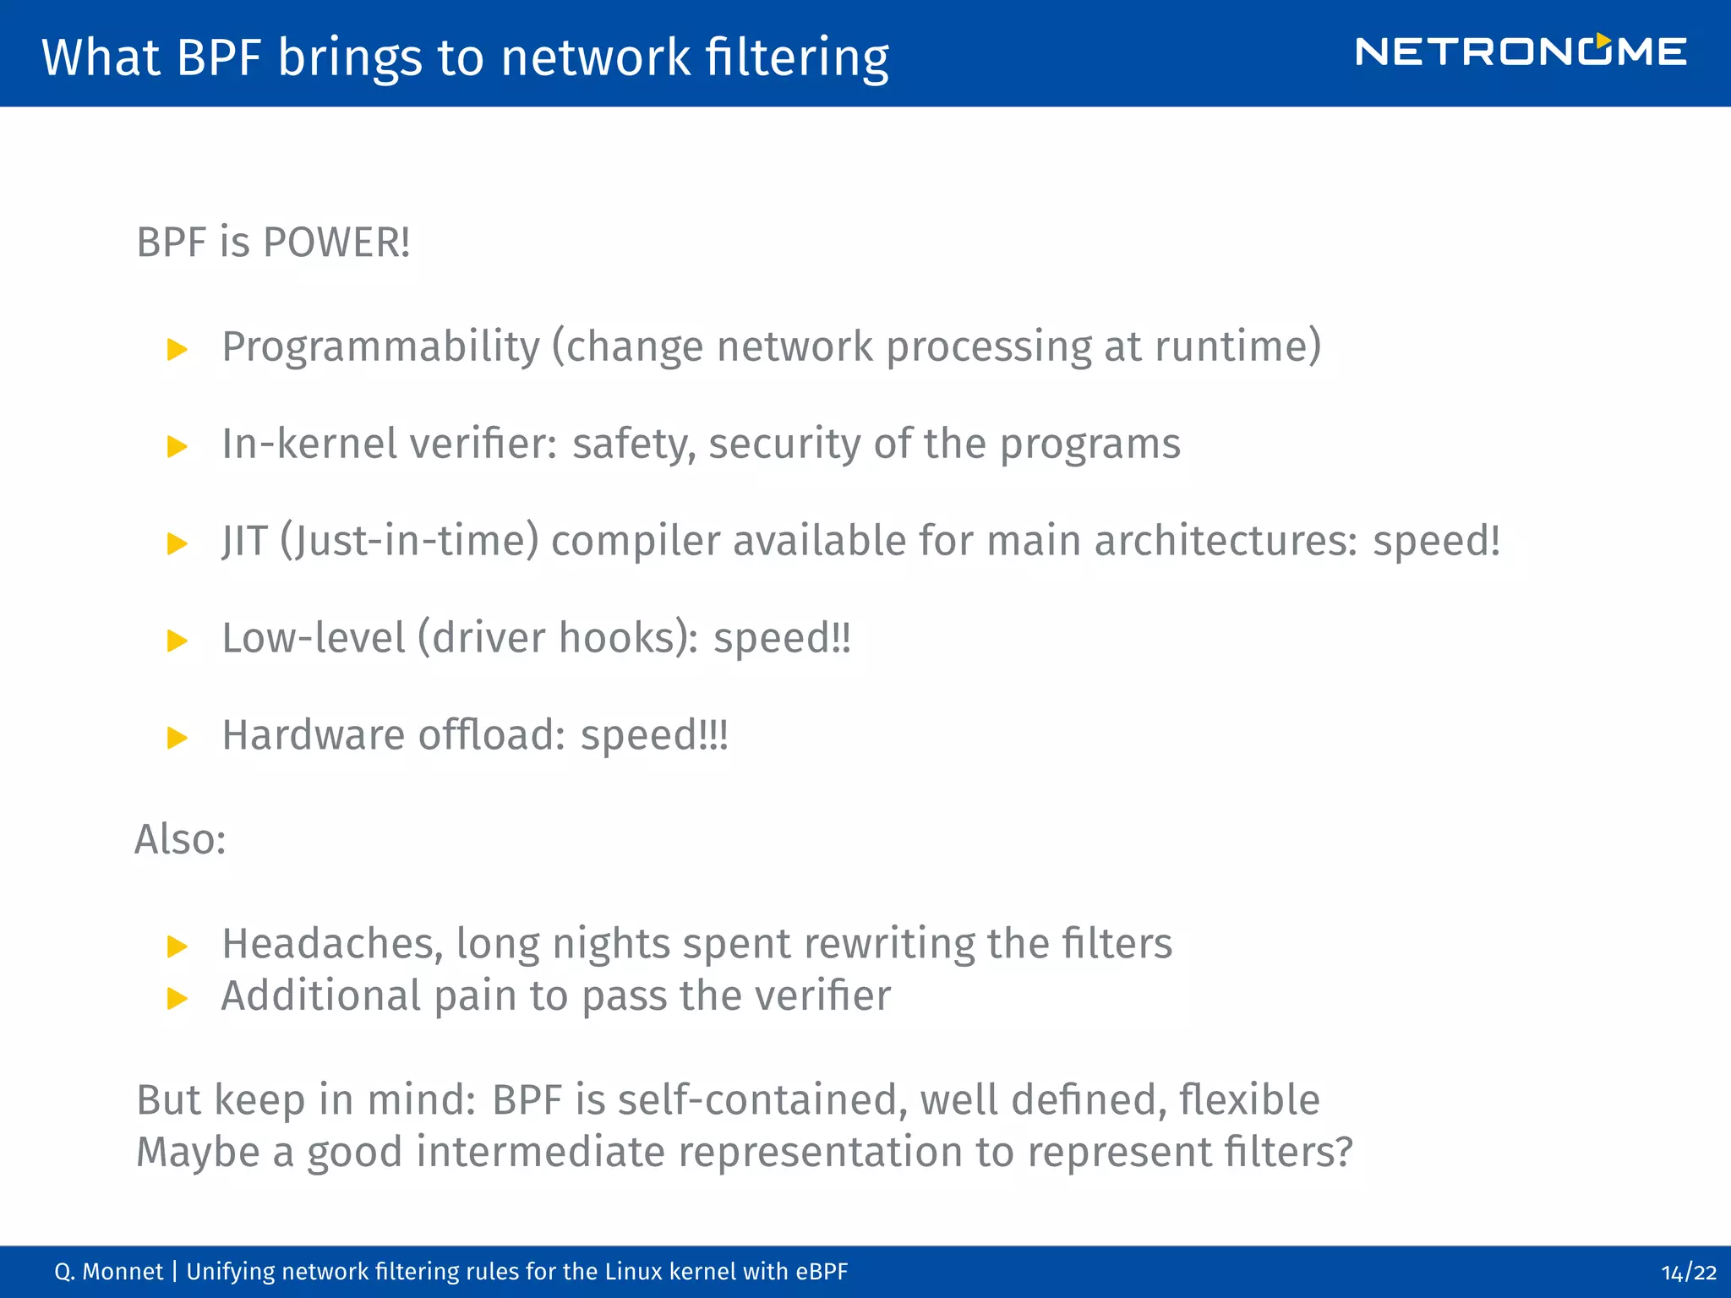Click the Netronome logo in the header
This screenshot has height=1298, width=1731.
tap(1521, 52)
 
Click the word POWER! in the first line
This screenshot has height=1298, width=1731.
tap(336, 243)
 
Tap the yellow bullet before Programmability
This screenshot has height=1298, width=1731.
tap(177, 349)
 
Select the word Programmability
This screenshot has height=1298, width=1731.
tap(380, 347)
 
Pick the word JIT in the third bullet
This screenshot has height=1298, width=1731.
tap(244, 541)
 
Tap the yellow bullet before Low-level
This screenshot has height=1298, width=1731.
tap(177, 641)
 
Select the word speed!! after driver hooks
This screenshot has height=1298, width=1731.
tap(782, 639)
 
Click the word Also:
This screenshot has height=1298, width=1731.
tap(180, 839)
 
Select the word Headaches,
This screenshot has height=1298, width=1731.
tap(332, 944)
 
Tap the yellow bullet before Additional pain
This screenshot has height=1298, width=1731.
tap(177, 999)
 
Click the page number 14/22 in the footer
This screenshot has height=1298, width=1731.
tap(1688, 1273)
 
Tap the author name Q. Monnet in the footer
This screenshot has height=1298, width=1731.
tap(108, 1272)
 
